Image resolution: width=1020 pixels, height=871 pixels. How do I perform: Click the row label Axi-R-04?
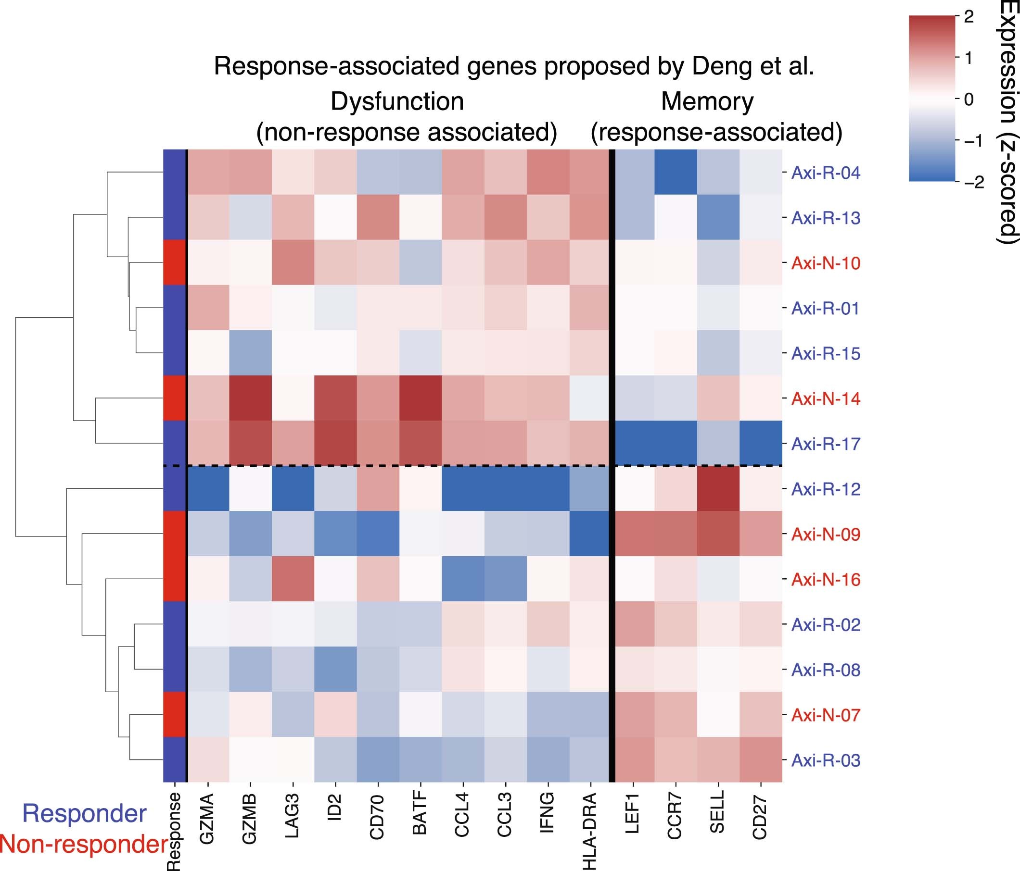click(x=826, y=173)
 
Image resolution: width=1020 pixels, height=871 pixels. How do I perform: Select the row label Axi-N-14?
click(x=826, y=398)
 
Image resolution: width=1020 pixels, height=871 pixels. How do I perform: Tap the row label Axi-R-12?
click(x=826, y=489)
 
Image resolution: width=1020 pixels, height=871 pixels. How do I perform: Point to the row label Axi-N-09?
click(x=826, y=534)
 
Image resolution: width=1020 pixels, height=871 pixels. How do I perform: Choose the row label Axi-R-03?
click(x=826, y=760)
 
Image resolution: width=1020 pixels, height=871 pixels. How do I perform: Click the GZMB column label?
click(x=250, y=819)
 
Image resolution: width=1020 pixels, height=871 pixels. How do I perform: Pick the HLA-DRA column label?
click(x=590, y=831)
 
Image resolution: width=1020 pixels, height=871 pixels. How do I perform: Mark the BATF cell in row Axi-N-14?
click(x=421, y=398)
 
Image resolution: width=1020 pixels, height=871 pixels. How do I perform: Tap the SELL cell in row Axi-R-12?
click(x=718, y=489)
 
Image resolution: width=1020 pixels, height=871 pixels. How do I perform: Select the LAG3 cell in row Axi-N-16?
click(x=293, y=579)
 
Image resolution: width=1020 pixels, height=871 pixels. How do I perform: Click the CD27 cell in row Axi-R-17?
click(x=761, y=444)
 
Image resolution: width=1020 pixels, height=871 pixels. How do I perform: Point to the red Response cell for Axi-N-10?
click(x=175, y=262)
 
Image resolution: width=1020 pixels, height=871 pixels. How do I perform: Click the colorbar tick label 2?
click(x=968, y=17)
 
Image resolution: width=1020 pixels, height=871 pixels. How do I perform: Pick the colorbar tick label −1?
click(x=973, y=141)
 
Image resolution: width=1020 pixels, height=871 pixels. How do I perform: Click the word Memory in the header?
click(x=707, y=102)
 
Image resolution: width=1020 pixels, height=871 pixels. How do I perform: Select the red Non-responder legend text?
click(x=84, y=844)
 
